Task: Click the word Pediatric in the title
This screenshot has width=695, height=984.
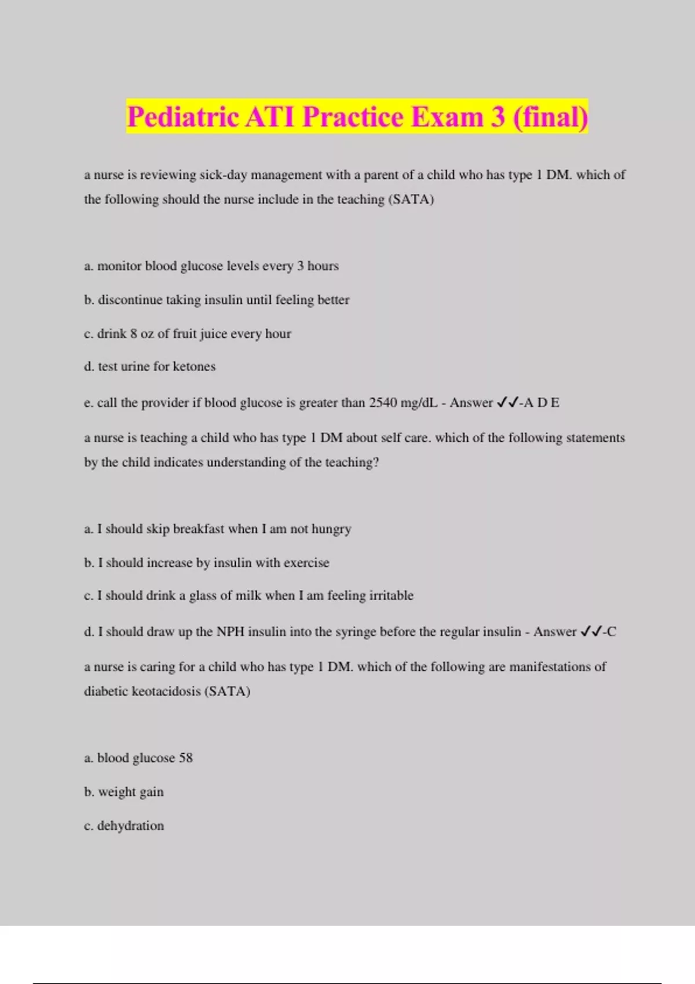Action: click(x=182, y=118)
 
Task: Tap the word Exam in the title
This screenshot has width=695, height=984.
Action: click(x=447, y=118)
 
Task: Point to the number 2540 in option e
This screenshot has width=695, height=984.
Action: click(x=383, y=403)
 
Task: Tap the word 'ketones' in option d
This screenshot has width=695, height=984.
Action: click(x=194, y=366)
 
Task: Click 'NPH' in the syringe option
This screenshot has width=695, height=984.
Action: click(x=231, y=631)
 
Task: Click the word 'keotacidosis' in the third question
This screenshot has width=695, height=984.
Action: click(x=164, y=692)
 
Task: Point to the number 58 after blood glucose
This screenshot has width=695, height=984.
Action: click(x=186, y=758)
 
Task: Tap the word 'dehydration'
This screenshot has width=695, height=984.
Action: click(x=130, y=826)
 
